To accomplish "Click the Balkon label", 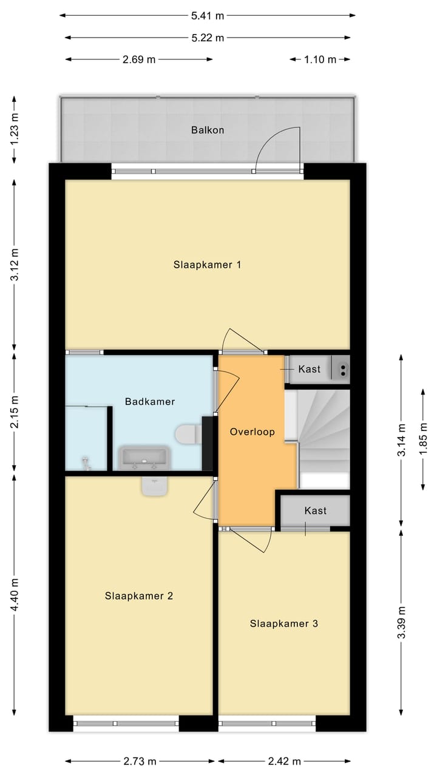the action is tap(208, 130).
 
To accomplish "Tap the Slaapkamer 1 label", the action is tap(207, 265).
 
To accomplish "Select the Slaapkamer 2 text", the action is tap(139, 595).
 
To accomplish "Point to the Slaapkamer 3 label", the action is tap(283, 623).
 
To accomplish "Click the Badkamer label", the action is tap(150, 402).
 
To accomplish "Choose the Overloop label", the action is tap(252, 432).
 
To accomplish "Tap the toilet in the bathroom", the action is tap(188, 434).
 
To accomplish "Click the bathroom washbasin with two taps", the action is tap(144, 458).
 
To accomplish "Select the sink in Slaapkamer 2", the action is tap(155, 486).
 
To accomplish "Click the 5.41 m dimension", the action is tap(208, 16).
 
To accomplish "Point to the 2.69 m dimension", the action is tap(139, 59).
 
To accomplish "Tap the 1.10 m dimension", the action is tap(320, 59).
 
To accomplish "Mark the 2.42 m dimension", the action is tap(284, 761).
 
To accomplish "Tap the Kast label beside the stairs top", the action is tap(310, 368).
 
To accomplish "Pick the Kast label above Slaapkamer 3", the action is tap(315, 511).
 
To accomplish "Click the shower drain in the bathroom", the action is tap(86, 463).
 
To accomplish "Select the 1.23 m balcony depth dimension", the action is tap(15, 129).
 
